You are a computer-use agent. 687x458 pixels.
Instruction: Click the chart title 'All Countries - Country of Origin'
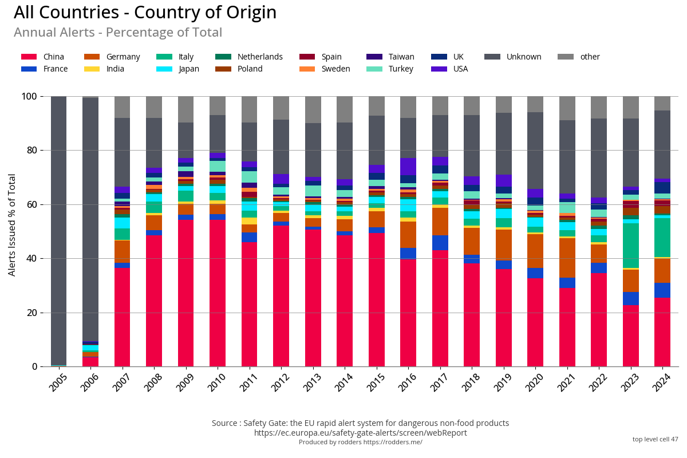(145, 13)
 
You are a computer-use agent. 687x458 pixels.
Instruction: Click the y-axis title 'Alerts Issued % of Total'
(12, 224)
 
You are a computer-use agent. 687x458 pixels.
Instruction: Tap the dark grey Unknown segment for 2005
(59, 229)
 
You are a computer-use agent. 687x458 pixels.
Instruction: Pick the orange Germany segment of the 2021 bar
(567, 258)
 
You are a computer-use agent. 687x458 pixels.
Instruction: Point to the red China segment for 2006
(90, 362)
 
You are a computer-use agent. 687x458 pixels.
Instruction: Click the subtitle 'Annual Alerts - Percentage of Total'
(118, 33)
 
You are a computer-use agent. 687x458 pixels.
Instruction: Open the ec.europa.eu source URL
(360, 433)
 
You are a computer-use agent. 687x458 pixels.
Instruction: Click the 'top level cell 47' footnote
(655, 439)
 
